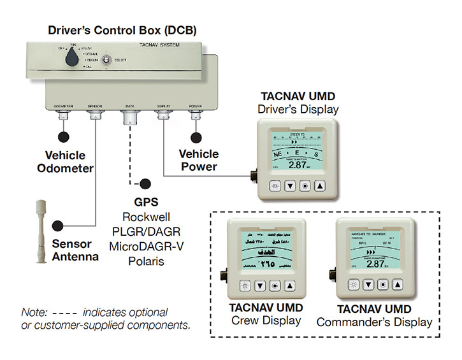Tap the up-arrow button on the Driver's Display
pyautogui.click(x=320, y=186)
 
